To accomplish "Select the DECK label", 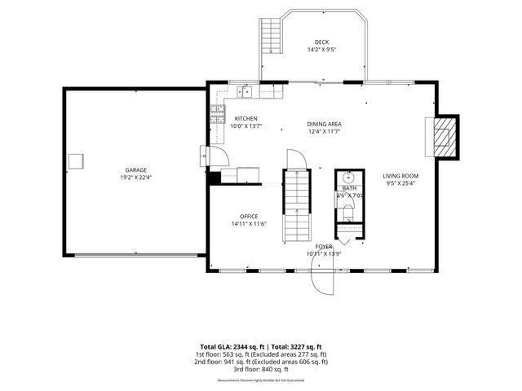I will (323, 42).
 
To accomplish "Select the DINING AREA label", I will (324, 124).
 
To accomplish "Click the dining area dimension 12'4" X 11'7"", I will (324, 131).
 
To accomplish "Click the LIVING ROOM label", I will (400, 176).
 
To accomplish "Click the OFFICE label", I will (248, 216).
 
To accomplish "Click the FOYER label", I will (324, 245).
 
